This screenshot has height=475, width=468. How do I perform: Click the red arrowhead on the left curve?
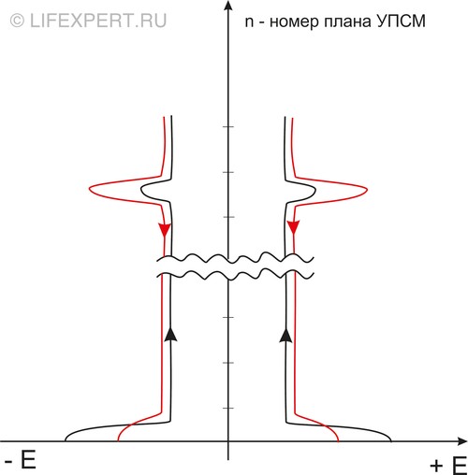coord(165,230)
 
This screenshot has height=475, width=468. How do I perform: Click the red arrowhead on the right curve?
coord(293,227)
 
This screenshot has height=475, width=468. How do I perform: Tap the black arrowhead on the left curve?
coord(170,334)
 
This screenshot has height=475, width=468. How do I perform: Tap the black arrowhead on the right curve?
coord(285,335)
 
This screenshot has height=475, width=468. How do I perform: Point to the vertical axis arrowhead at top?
coord(228,5)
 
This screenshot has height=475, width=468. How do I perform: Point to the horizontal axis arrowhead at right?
coord(462,441)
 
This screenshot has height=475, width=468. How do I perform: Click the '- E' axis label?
coord(21,460)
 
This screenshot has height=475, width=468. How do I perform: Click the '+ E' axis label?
coord(448,466)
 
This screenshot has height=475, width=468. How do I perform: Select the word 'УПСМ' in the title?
coord(401,22)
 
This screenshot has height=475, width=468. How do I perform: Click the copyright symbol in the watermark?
coord(17,22)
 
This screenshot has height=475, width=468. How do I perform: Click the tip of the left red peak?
coord(90,189)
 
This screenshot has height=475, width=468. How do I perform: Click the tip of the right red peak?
coord(367,190)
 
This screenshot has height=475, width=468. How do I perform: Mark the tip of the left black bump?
coord(141,189)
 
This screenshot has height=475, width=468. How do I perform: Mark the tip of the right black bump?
coord(315,190)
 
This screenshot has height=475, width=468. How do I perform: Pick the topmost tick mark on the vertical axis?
coord(228,127)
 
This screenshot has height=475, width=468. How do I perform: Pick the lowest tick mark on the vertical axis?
coord(228,408)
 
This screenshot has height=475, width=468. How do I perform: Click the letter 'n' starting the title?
coord(249,22)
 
